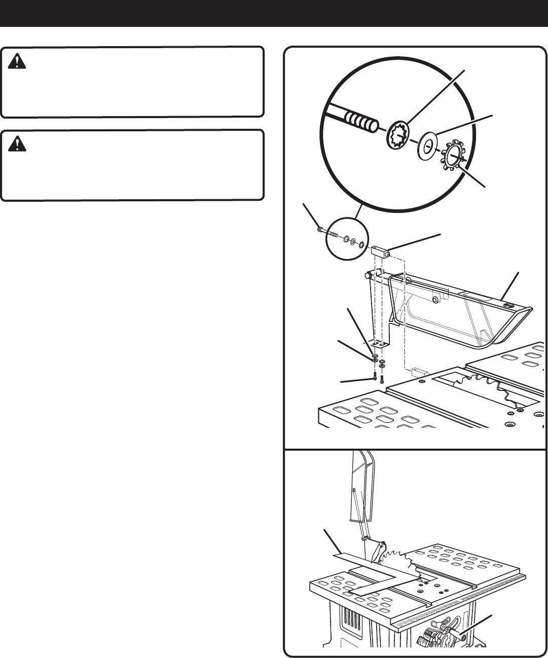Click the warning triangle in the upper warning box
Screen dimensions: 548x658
(18, 62)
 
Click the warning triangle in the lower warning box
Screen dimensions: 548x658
(18, 144)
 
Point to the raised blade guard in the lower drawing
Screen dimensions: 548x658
(363, 487)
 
